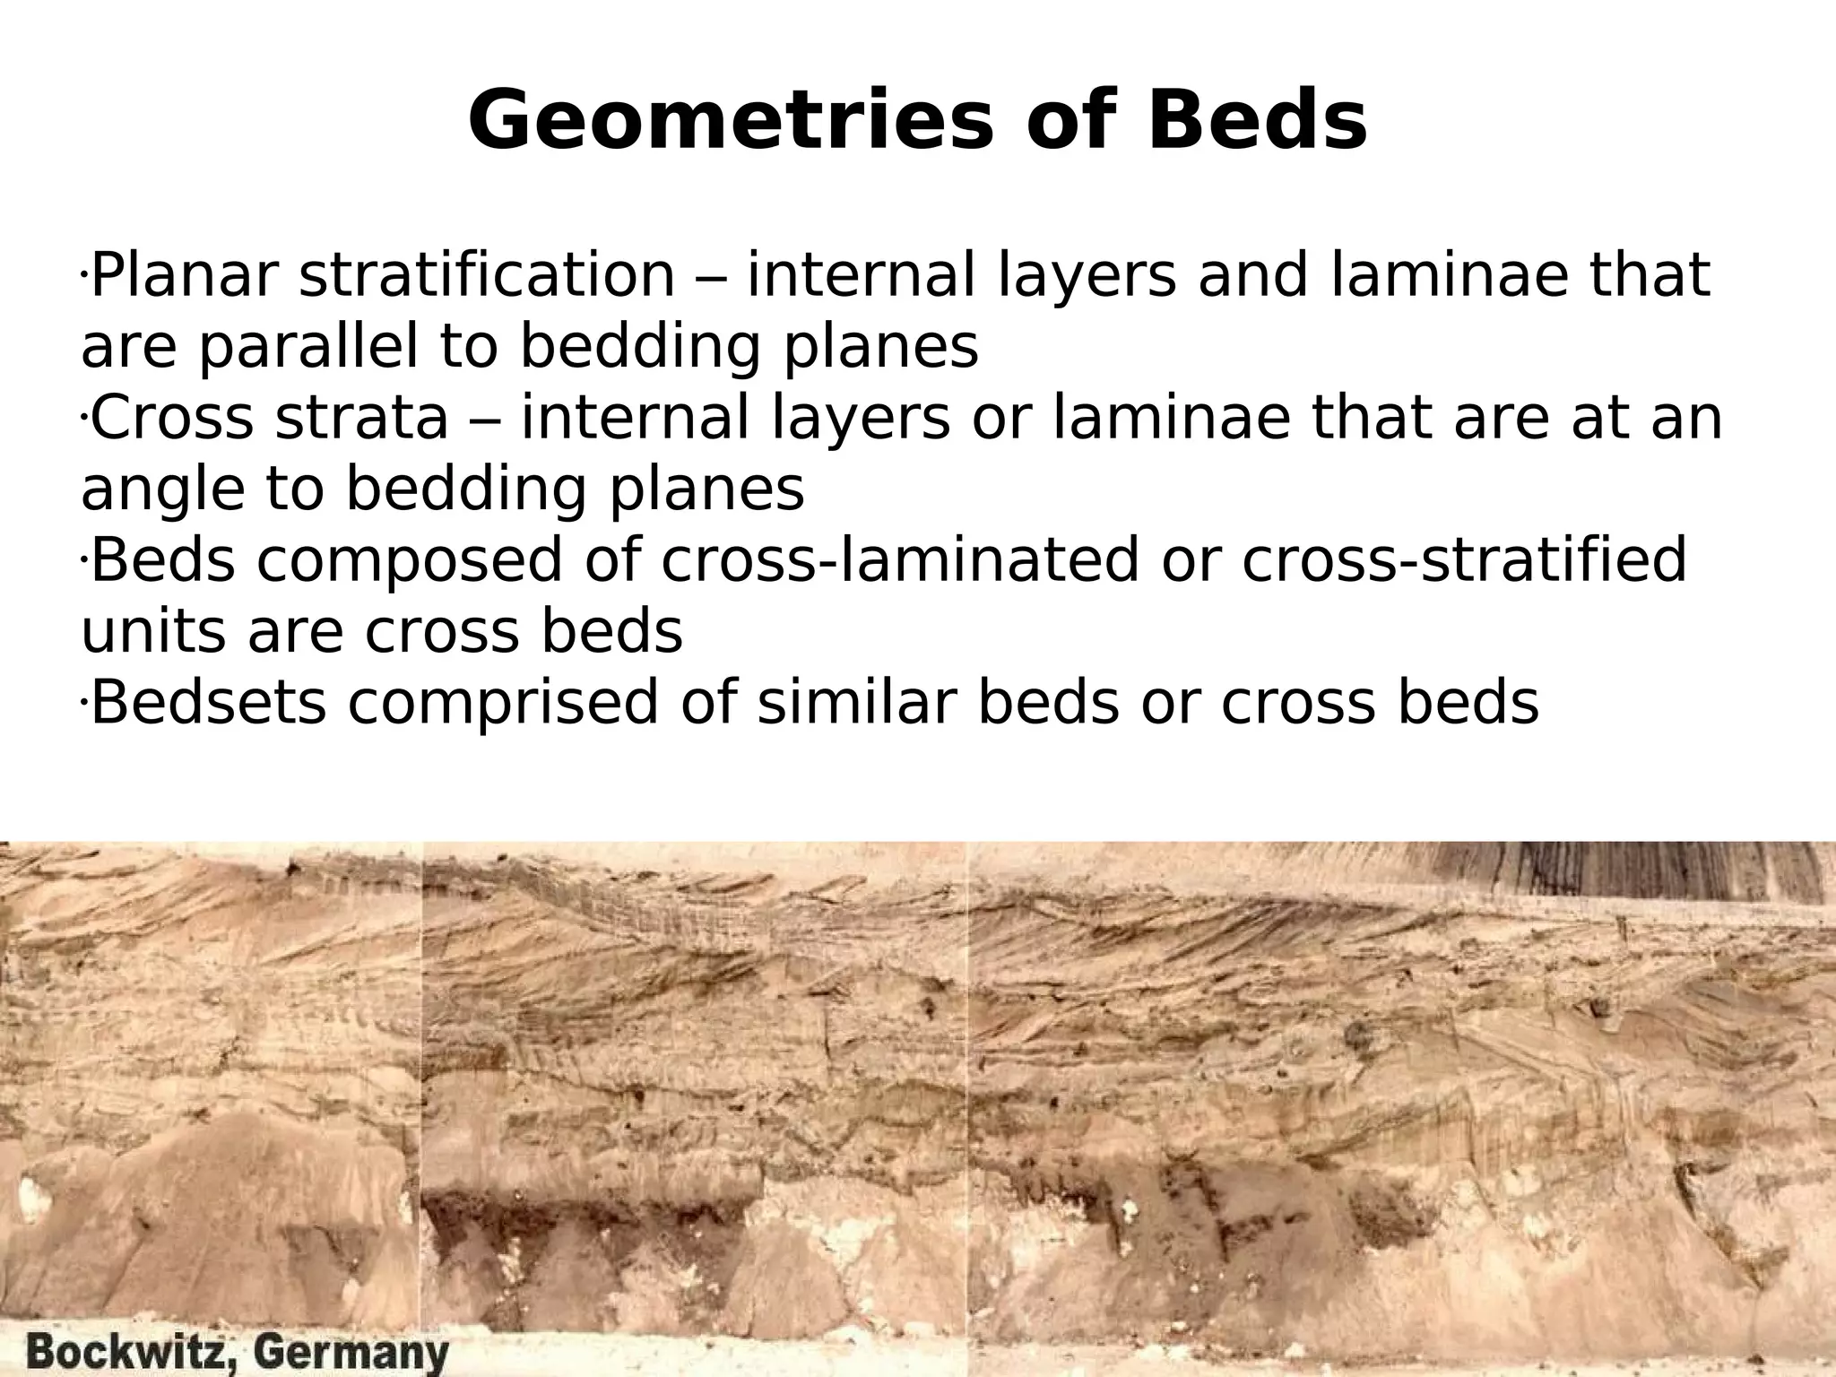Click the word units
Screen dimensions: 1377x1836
click(x=152, y=632)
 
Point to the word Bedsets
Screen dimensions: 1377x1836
click(x=209, y=703)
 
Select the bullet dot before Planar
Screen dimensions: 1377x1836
click(x=82, y=271)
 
